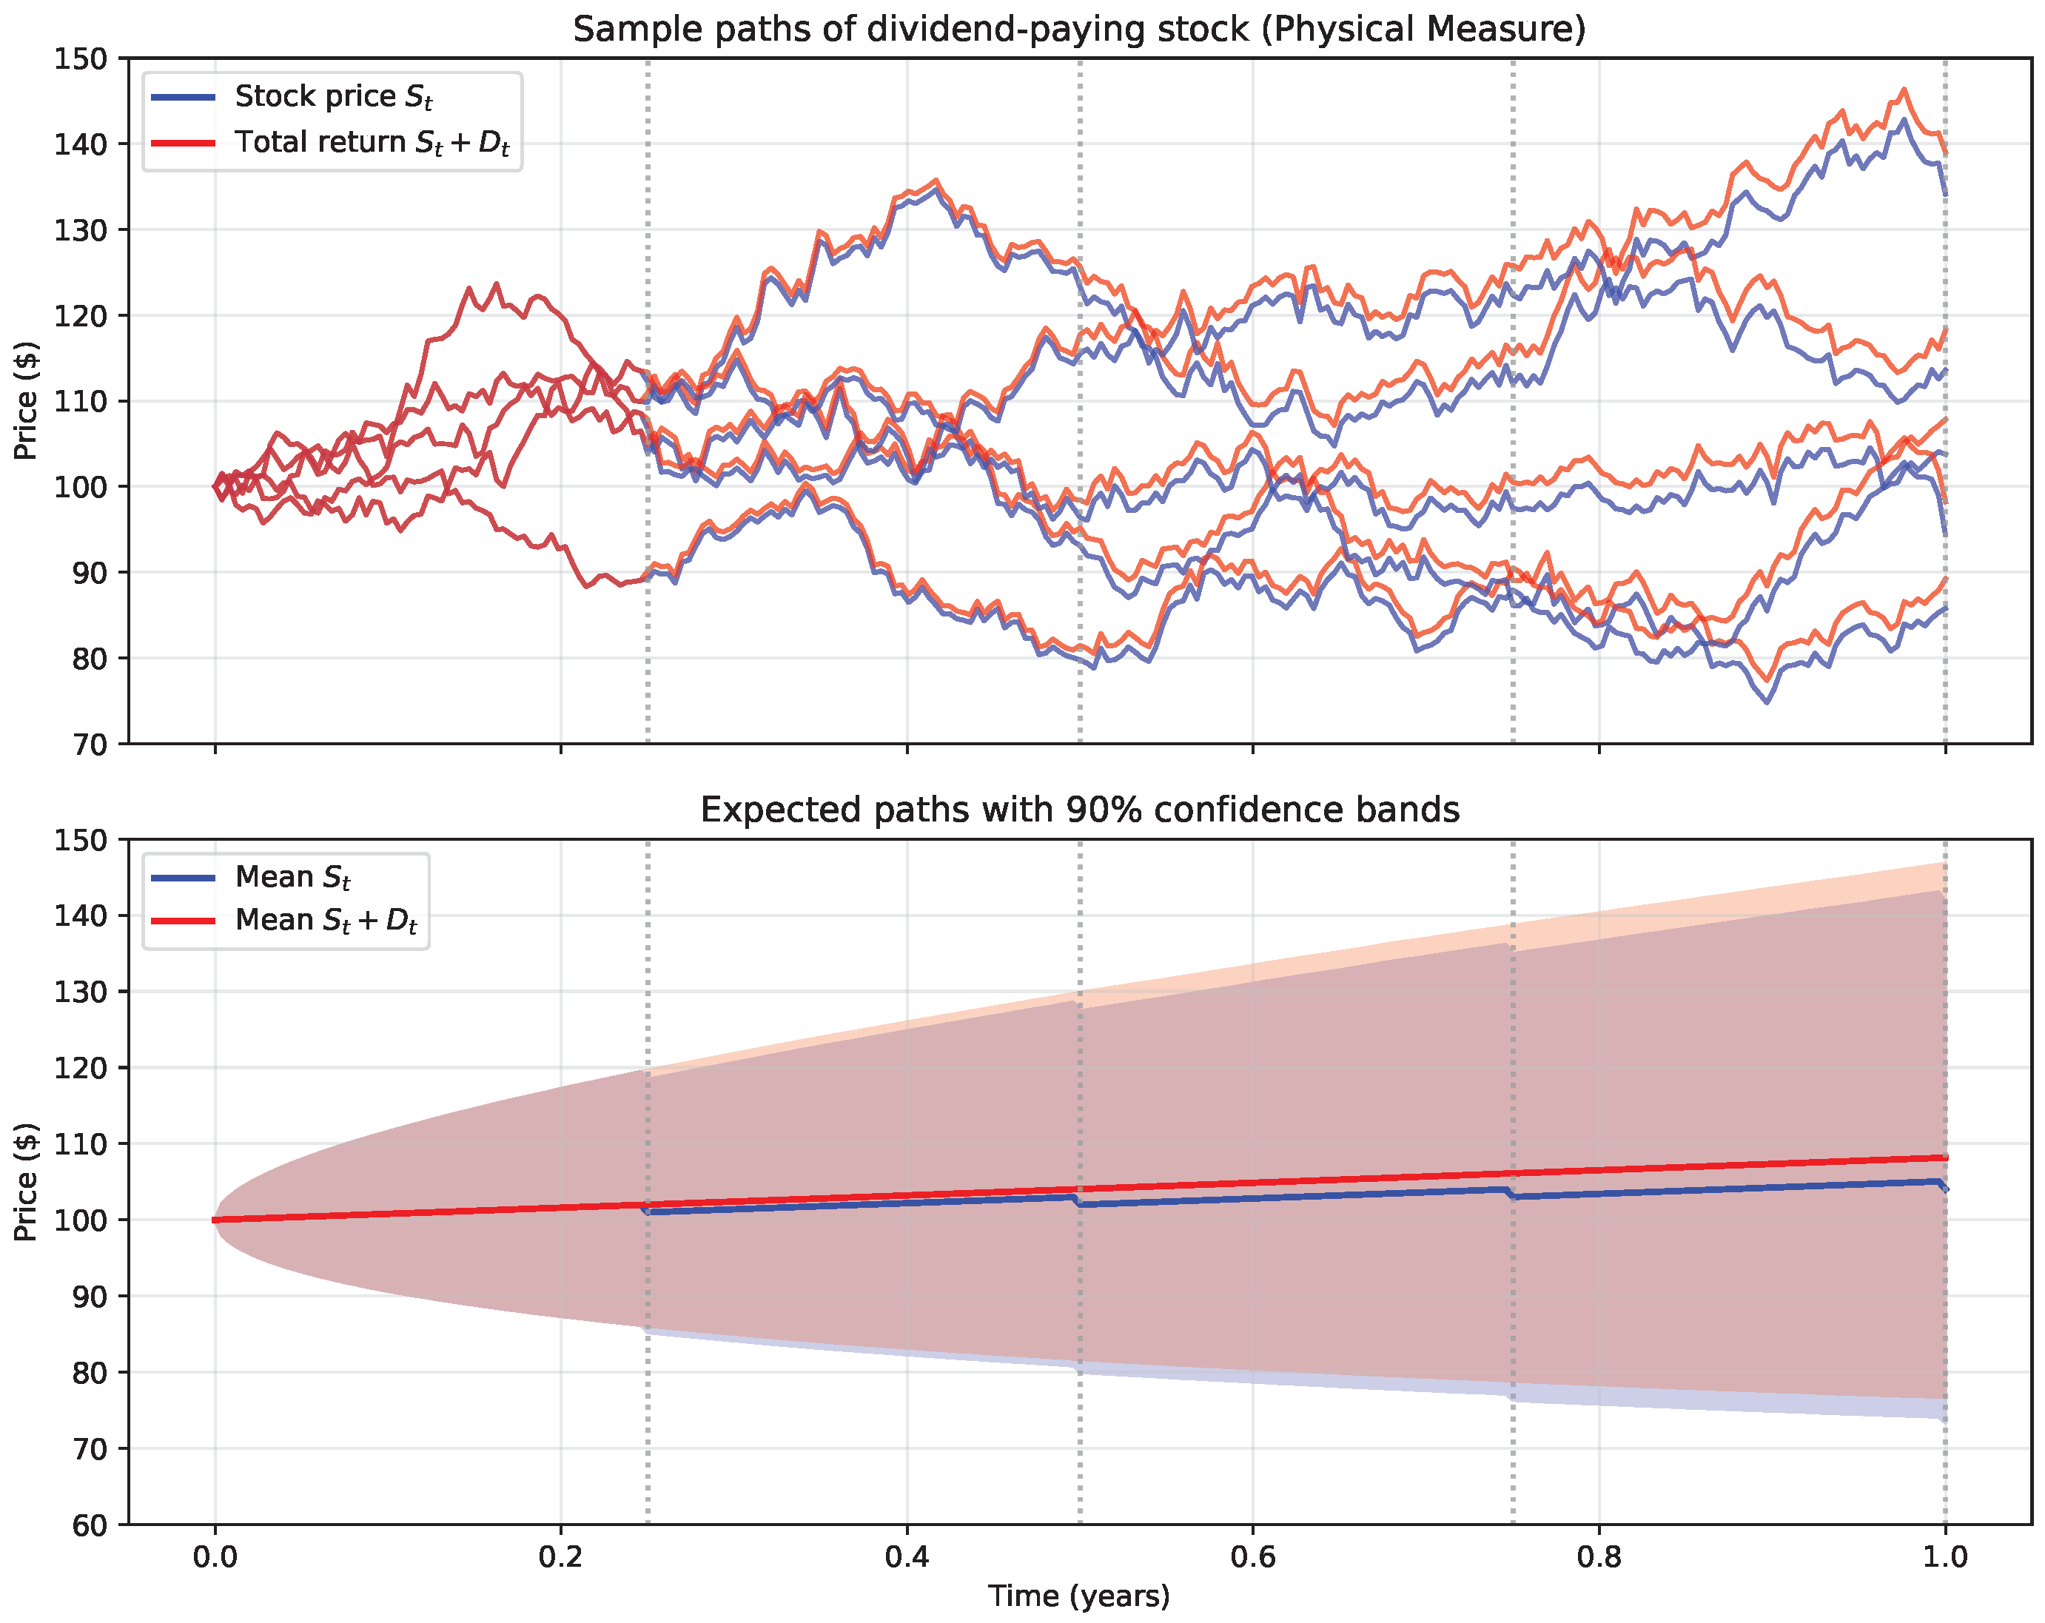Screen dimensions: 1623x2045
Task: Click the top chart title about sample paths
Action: tap(1078, 30)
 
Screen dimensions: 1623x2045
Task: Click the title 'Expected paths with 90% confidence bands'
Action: tap(1078, 810)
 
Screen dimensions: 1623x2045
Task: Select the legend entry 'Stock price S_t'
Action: tap(333, 97)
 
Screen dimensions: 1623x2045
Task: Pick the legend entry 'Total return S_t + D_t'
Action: tap(371, 142)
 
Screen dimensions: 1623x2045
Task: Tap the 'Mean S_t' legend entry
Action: tap(292, 878)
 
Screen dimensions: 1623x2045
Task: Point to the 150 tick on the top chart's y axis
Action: tap(81, 58)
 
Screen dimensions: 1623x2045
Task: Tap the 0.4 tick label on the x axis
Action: tap(907, 1558)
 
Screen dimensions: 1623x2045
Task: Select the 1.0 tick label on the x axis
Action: tap(1944, 1558)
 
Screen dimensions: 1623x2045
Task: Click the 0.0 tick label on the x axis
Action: tap(215, 1558)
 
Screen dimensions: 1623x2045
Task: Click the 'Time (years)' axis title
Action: tap(1078, 1596)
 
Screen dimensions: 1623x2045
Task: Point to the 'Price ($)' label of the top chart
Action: tap(26, 400)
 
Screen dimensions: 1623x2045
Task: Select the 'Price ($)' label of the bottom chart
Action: tap(26, 1182)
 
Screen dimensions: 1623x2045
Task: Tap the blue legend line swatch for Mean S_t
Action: tap(183, 878)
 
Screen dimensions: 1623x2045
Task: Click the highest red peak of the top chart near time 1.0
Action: tap(1904, 90)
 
